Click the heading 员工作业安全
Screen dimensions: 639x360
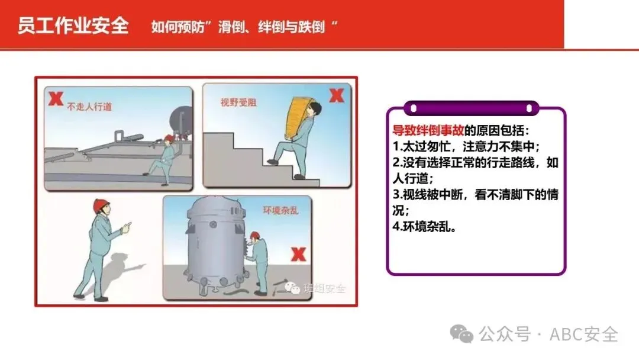[x=73, y=25]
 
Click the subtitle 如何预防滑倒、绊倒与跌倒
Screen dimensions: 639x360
[x=244, y=27]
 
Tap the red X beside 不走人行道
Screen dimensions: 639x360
[x=56, y=99]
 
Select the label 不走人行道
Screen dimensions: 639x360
[x=90, y=107]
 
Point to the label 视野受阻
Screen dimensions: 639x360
[x=238, y=102]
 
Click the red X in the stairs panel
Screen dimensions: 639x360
[x=337, y=96]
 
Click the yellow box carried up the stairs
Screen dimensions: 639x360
[x=299, y=117]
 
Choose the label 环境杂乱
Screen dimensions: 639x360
[x=280, y=210]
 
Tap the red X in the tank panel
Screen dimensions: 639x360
[x=298, y=255]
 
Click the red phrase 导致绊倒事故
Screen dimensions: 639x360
[x=428, y=130]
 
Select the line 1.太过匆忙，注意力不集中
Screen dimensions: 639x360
[x=466, y=146]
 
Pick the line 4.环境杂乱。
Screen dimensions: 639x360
[x=424, y=226]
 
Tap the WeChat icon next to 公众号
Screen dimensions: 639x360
[x=461, y=334]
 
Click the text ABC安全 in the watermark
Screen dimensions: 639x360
[x=583, y=335]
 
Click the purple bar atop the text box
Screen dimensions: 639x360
[x=472, y=108]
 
